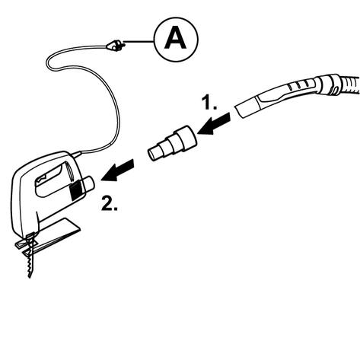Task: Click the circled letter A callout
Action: click(x=176, y=40)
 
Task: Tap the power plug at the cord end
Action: click(x=116, y=46)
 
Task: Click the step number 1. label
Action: click(x=209, y=102)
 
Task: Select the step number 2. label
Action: click(x=110, y=203)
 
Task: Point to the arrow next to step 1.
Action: click(x=214, y=123)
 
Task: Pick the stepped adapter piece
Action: click(x=173, y=144)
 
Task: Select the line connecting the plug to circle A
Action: click(x=139, y=41)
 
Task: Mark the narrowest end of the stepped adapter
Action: click(x=152, y=155)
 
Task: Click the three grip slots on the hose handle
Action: click(x=299, y=86)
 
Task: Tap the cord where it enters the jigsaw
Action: click(x=76, y=154)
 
